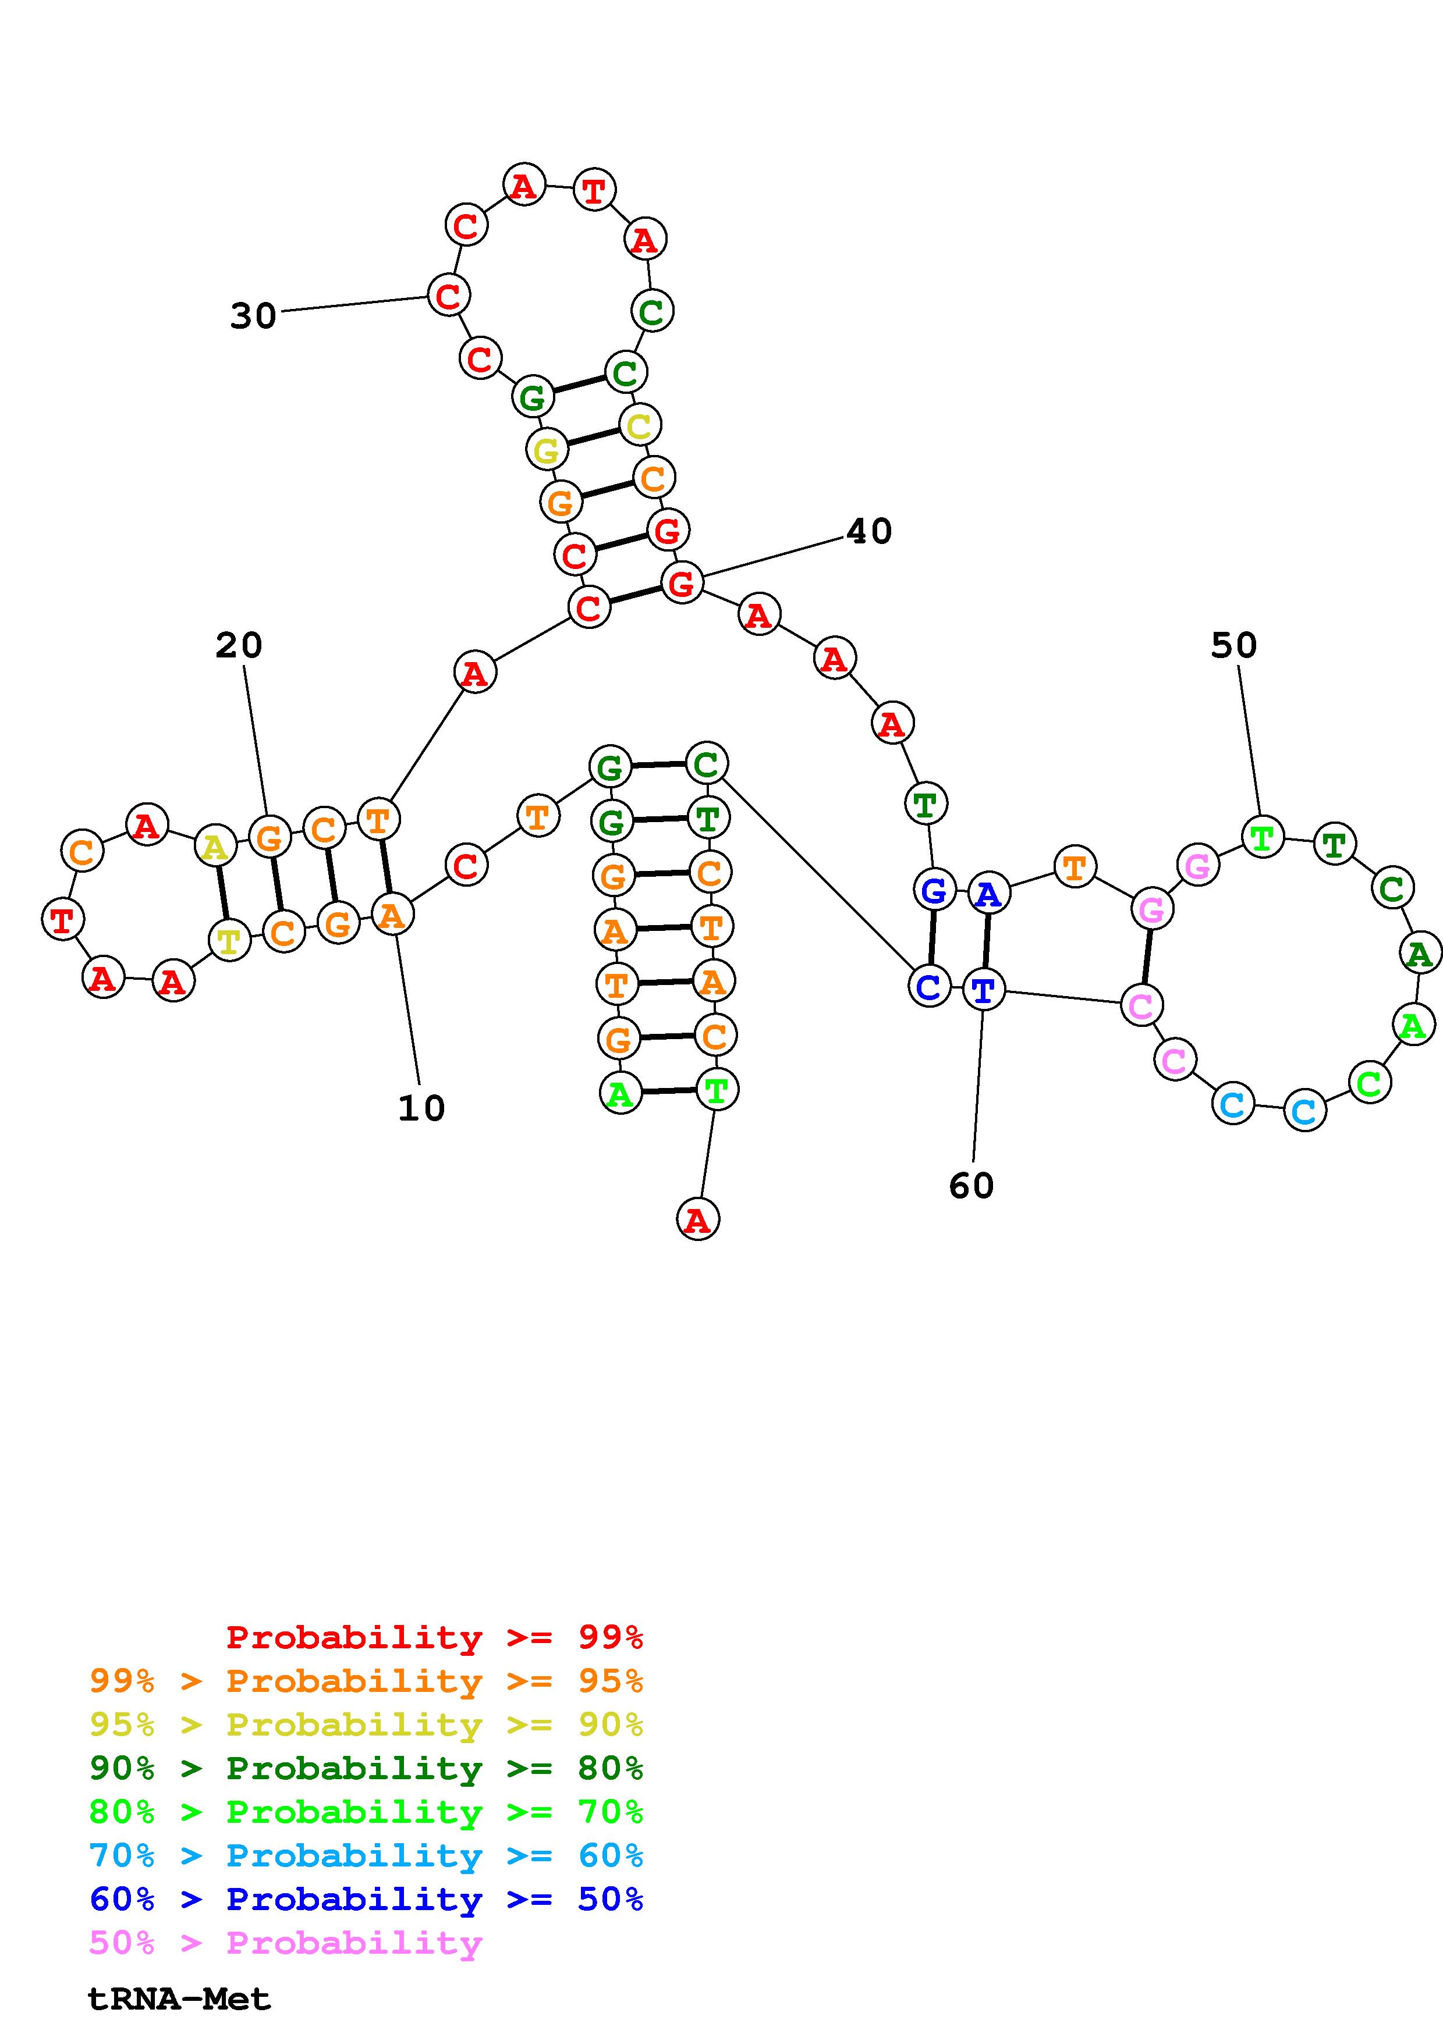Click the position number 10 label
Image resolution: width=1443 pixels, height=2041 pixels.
420,1108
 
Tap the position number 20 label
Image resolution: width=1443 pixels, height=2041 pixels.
238,645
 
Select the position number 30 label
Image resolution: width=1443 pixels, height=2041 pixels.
253,315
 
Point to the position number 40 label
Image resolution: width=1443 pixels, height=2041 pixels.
868,532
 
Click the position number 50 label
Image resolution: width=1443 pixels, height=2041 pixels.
1233,645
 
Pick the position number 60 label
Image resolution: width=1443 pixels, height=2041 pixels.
971,1185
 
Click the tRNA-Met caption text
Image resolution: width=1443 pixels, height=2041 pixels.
179,1999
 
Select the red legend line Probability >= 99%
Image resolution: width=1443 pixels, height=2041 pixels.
434,1637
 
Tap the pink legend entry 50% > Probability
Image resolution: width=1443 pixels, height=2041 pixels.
285,1942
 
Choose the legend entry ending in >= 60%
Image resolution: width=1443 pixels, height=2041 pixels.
366,1855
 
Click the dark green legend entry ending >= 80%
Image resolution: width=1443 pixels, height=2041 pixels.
366,1768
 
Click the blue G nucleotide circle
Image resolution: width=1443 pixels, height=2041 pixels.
934,889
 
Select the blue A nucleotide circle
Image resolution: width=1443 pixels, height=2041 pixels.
988,894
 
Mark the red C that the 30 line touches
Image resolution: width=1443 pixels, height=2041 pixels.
448,294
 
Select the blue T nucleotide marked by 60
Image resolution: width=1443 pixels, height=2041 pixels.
983,990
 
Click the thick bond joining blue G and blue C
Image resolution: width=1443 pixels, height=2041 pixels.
931,938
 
